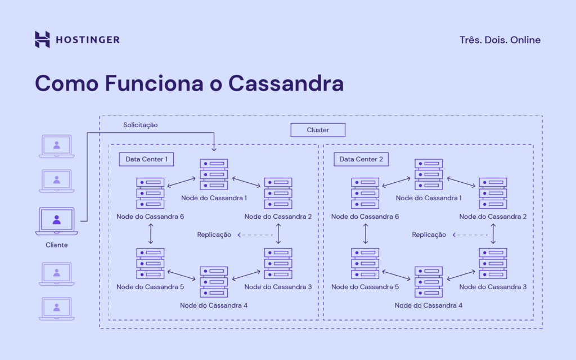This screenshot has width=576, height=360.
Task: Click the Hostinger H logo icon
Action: [42, 39]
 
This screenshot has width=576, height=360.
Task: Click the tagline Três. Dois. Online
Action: [499, 40]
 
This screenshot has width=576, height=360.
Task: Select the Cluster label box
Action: [318, 130]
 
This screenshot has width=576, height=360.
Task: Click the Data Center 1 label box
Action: [146, 159]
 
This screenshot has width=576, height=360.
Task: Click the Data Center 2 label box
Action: [361, 159]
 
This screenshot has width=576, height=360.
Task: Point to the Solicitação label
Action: [141, 125]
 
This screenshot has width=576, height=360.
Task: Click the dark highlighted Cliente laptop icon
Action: [56, 221]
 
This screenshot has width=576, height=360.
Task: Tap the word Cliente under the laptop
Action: [56, 245]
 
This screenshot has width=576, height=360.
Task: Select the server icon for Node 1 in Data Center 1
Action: [214, 174]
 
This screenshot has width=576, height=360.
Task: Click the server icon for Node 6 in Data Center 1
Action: [150, 193]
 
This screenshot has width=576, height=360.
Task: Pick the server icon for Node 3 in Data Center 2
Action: [493, 263]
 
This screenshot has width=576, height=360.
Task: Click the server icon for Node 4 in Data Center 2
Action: [429, 282]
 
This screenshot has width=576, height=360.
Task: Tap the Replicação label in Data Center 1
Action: [214, 235]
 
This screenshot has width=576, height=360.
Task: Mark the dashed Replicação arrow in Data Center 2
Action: [471, 235]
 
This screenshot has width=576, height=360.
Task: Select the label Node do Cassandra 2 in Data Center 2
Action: [493, 217]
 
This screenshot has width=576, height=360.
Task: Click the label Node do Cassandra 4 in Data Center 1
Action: [214, 305]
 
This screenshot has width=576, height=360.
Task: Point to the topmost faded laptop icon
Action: [56, 146]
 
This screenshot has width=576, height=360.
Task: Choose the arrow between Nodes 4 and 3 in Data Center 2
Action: [461, 275]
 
